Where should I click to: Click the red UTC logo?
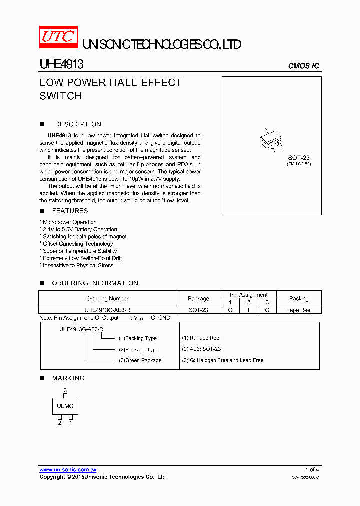58,37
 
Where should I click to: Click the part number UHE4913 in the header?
61,65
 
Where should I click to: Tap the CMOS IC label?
304,66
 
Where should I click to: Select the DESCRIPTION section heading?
78,124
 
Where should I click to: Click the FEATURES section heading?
70,211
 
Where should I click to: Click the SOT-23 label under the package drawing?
299,158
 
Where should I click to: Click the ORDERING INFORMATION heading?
95,283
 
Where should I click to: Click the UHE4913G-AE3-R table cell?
107,310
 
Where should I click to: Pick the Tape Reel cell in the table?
299,310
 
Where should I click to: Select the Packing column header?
299,298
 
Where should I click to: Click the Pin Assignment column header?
248,295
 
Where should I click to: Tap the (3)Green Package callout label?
140,360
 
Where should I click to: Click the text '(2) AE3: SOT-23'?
201,349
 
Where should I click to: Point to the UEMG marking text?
65,406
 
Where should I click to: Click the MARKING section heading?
68,378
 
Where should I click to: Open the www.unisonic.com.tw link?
68,470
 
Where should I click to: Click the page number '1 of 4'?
312,469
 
